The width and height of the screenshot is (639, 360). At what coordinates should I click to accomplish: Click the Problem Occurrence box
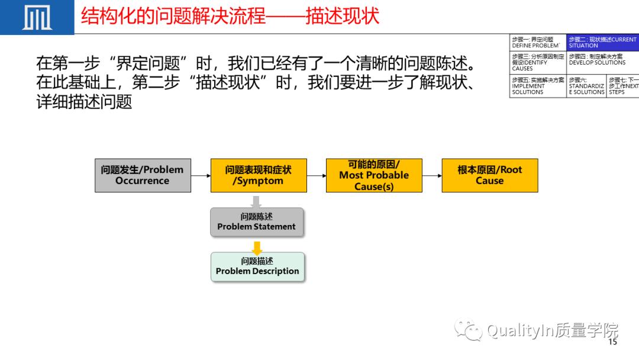(x=143, y=175)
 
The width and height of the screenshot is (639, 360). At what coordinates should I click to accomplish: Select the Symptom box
(x=259, y=175)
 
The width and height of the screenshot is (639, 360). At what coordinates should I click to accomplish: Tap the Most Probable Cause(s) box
(x=374, y=175)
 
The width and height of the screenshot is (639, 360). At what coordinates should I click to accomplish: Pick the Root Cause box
(x=490, y=175)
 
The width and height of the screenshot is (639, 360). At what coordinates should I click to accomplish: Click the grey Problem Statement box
(x=256, y=221)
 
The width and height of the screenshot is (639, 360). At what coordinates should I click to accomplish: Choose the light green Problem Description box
(x=257, y=266)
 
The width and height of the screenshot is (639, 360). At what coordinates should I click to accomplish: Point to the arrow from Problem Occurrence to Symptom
(x=201, y=175)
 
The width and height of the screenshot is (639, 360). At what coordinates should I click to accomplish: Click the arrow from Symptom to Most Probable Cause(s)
(x=317, y=175)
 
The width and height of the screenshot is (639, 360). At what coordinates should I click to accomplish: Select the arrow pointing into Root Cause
(x=432, y=175)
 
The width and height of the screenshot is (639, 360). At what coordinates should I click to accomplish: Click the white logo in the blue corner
(x=37, y=18)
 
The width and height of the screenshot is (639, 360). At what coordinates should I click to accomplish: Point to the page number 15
(x=612, y=342)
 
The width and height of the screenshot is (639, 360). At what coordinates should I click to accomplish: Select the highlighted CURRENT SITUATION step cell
(x=602, y=43)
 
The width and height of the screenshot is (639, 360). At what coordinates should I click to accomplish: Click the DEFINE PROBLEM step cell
(x=537, y=43)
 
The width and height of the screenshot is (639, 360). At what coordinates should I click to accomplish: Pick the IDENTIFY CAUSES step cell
(x=537, y=62)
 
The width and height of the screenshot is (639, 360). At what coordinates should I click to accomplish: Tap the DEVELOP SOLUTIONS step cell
(x=602, y=60)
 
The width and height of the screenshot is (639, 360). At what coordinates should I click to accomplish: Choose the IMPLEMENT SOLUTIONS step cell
(x=537, y=86)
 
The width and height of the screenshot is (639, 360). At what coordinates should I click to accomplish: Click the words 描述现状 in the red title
(x=342, y=16)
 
